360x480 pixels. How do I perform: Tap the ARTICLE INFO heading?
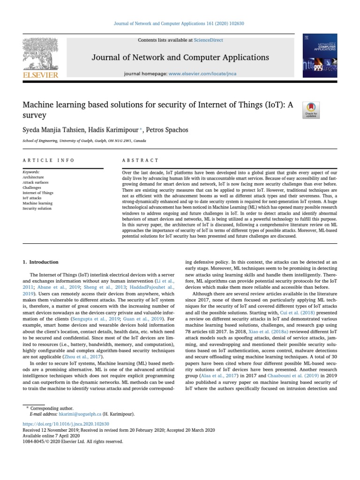[x=48, y=160]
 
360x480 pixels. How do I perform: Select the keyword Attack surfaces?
[x=36, y=182]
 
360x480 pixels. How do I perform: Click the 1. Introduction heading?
[x=41, y=262]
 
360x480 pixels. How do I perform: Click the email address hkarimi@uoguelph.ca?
[x=78, y=414]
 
